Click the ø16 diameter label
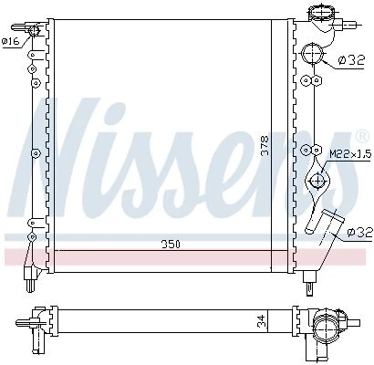(x=12, y=41)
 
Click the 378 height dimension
(x=265, y=145)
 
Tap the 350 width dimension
(x=171, y=245)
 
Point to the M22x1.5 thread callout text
(x=350, y=154)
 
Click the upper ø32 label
(x=351, y=60)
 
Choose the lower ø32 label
(x=360, y=233)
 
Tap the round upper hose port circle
(x=313, y=54)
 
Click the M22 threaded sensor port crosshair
(x=317, y=180)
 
